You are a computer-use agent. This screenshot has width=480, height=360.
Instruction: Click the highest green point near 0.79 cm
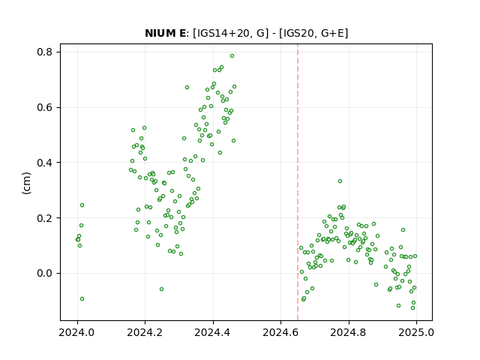(x=232, y=56)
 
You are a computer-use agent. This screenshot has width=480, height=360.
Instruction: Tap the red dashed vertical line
(x=298, y=182)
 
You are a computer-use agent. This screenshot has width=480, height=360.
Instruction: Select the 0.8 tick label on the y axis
(x=45, y=52)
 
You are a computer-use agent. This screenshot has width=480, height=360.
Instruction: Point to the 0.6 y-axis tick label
(x=45, y=107)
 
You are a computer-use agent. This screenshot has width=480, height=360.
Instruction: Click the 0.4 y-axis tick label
(x=45, y=163)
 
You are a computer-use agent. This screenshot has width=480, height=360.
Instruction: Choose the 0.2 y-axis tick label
(x=45, y=218)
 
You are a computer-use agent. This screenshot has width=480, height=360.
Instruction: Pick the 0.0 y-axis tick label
(x=45, y=273)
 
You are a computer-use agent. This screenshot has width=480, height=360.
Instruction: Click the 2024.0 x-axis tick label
(x=77, y=332)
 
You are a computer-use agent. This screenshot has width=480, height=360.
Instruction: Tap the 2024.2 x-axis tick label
(x=145, y=332)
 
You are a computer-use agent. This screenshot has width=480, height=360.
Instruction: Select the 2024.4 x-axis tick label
(x=213, y=332)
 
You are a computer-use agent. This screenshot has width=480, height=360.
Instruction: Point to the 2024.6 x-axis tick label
(x=280, y=332)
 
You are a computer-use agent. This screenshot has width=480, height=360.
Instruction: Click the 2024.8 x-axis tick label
(x=348, y=332)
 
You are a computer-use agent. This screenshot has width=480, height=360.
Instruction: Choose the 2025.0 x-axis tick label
(x=416, y=332)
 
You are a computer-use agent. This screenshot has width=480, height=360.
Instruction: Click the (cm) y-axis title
(x=27, y=183)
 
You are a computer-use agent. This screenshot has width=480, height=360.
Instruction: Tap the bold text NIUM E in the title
(x=165, y=33)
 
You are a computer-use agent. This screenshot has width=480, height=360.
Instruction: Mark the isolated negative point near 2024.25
(x=162, y=289)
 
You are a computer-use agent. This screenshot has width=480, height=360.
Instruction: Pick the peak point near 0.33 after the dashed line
(x=340, y=181)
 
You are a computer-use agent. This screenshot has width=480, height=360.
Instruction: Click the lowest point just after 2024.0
(x=82, y=298)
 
